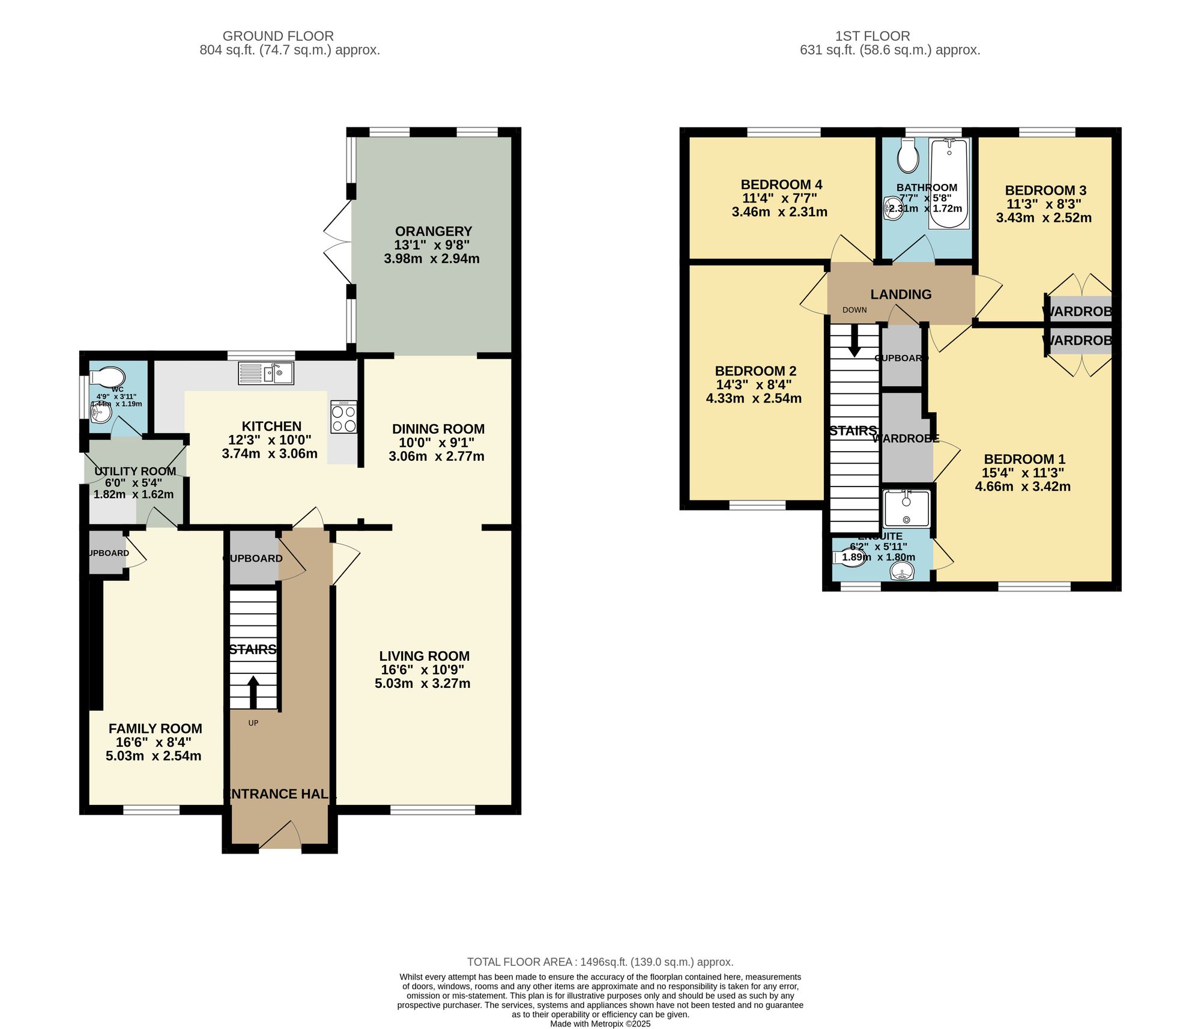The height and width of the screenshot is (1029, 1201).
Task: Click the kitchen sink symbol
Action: click(266, 373)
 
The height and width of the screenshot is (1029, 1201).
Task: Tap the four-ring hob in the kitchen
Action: click(343, 417)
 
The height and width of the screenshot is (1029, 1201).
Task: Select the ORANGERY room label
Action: click(433, 231)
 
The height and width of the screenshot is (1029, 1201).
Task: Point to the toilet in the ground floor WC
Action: click(107, 377)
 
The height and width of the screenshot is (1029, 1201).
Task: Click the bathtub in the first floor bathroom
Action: click(949, 183)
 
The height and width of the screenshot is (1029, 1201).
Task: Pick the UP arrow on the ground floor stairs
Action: click(253, 692)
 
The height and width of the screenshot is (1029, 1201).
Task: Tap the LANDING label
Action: click(901, 294)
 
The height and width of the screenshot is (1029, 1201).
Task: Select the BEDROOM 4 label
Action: click(781, 184)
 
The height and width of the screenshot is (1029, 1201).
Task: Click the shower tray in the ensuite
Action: click(906, 508)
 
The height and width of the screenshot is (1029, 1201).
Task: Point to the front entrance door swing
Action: click(280, 835)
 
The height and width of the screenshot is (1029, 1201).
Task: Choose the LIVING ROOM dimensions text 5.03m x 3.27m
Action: click(422, 684)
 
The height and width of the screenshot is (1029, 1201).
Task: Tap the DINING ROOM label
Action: click(438, 429)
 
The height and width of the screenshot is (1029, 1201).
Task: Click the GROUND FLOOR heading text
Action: click(278, 36)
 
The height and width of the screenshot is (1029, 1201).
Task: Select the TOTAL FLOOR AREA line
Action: click(600, 962)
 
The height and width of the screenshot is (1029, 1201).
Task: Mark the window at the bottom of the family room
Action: click(151, 810)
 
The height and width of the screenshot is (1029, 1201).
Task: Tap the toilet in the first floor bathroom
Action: click(908, 157)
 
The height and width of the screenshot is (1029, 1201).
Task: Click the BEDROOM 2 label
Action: click(755, 371)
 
